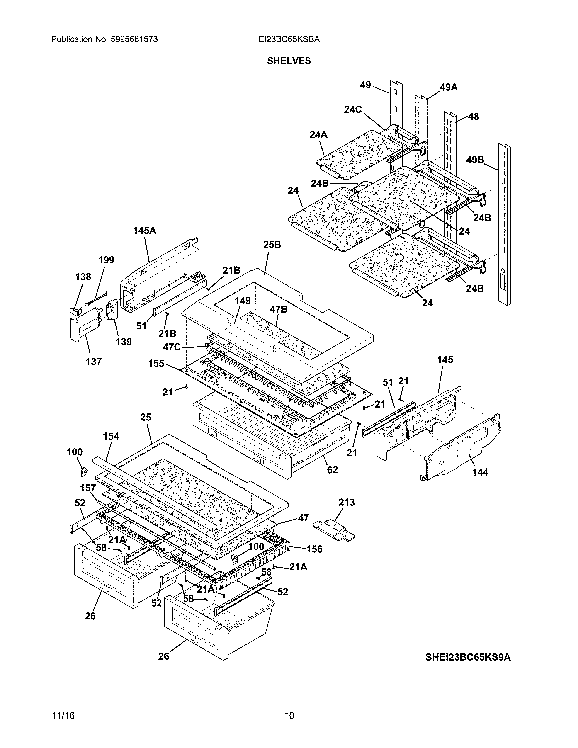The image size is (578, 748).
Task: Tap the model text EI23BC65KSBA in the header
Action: click(x=289, y=39)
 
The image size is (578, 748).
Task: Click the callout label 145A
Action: click(x=145, y=231)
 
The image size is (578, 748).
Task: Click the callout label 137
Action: click(x=93, y=362)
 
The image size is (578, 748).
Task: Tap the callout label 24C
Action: click(x=353, y=110)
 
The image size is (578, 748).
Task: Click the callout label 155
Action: click(x=156, y=363)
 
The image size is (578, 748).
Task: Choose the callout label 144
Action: click(x=480, y=472)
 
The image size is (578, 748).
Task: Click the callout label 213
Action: click(x=347, y=503)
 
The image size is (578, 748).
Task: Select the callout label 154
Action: click(x=111, y=436)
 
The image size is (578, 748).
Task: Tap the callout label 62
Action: click(x=332, y=470)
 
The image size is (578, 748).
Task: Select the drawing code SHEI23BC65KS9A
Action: click(x=468, y=657)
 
